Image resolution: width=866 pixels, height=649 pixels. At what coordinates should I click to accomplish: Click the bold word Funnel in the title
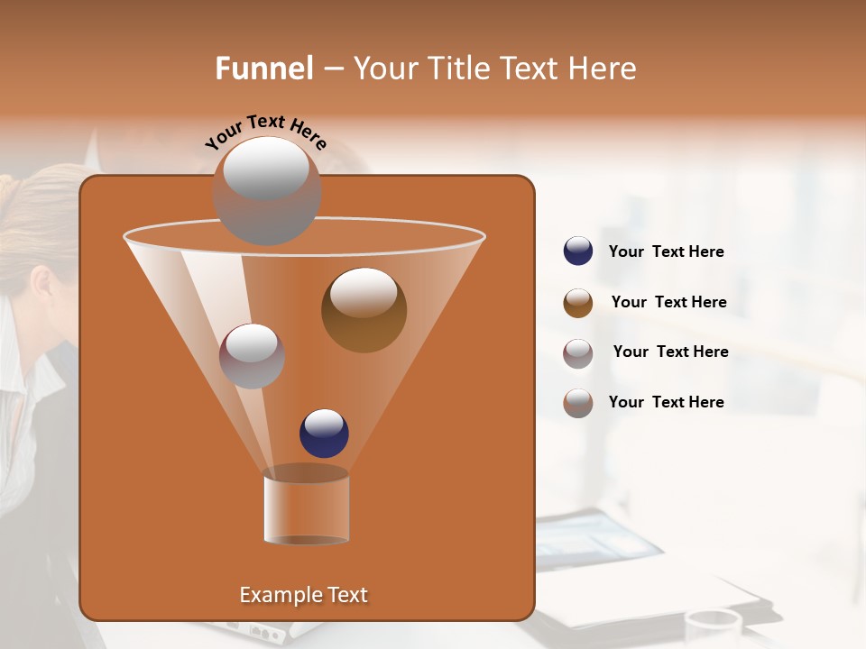[x=264, y=69]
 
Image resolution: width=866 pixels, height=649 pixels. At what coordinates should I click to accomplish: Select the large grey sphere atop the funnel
[x=267, y=191]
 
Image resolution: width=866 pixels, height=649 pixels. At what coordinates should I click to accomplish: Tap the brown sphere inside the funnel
[x=364, y=311]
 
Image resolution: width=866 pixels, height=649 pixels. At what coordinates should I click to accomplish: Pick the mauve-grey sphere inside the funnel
[x=252, y=356]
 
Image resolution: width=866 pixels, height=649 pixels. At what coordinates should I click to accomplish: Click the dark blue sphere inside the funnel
[x=324, y=434]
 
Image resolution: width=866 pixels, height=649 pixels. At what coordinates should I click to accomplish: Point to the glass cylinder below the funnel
[x=307, y=507]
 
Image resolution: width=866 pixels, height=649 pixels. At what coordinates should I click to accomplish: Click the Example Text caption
[x=303, y=595]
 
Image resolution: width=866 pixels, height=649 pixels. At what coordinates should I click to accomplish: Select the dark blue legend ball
[x=578, y=251]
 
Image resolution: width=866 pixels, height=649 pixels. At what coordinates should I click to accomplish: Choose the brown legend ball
[x=578, y=303]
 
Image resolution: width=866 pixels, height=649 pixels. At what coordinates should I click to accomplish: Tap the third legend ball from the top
[x=578, y=353]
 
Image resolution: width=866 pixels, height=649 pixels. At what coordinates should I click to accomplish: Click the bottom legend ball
[x=578, y=403]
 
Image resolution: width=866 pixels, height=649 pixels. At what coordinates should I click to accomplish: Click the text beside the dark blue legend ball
[x=666, y=251]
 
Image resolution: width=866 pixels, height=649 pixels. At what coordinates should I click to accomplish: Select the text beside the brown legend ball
[x=668, y=302]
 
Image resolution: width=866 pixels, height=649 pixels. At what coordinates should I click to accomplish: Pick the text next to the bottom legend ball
[x=666, y=402]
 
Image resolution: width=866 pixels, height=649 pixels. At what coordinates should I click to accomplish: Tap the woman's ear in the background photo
[x=41, y=284]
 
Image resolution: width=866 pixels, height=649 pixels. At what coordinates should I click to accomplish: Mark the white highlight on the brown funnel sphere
[x=364, y=293]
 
